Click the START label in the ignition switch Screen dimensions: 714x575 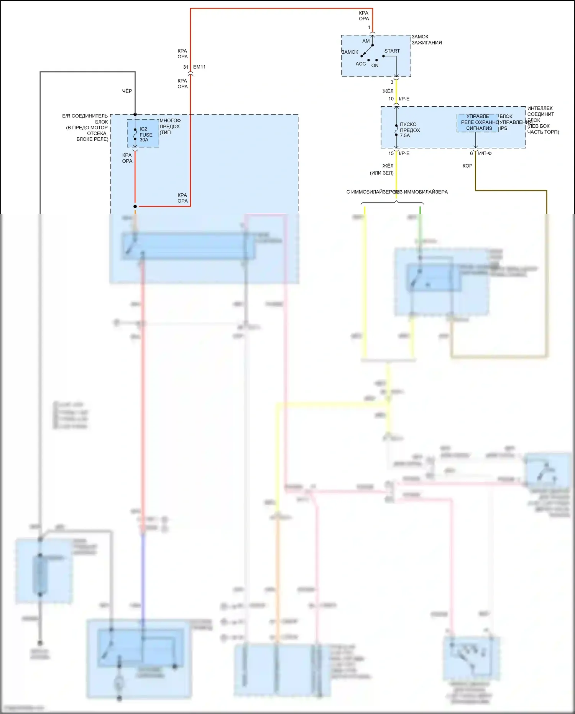[392, 51]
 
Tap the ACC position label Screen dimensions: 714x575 [360, 64]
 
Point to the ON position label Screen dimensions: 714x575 [375, 66]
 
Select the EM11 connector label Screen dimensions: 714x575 [199, 67]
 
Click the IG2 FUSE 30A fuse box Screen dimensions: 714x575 [143, 134]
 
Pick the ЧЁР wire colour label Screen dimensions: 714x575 [127, 91]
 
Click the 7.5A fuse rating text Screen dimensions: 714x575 [405, 136]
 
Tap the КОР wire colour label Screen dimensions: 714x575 [467, 166]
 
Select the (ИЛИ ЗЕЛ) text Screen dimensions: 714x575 [381, 173]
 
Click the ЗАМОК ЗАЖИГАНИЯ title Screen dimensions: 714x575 [426, 40]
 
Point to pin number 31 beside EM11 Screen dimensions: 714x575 [186, 67]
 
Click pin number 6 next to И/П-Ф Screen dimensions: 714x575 [472, 153]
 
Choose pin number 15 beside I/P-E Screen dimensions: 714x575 [391, 153]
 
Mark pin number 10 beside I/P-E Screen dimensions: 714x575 [391, 99]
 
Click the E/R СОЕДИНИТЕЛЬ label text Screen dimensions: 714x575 [85, 116]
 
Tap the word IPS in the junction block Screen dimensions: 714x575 [503, 129]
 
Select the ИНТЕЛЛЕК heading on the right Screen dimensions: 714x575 [540, 109]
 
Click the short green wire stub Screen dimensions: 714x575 [420, 210]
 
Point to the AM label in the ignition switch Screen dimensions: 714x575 [366, 41]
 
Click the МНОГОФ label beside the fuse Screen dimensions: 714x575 [170, 121]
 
